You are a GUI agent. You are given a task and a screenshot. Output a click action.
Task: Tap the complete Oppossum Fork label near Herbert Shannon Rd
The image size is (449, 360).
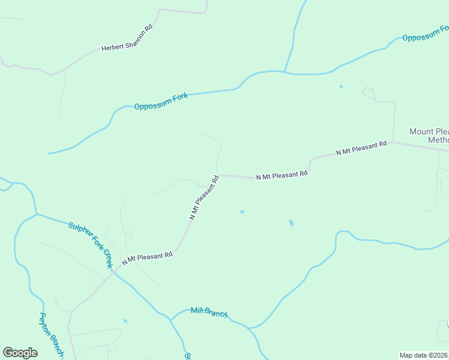point(161,101)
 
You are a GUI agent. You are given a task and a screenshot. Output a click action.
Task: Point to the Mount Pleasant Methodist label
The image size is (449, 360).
point(429,136)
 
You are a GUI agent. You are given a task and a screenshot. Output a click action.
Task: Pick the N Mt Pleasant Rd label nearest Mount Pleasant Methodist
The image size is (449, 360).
point(361,149)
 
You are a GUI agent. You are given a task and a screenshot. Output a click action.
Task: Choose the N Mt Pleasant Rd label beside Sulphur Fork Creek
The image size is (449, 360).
point(147,258)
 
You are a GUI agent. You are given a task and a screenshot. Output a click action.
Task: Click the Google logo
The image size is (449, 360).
point(20,353)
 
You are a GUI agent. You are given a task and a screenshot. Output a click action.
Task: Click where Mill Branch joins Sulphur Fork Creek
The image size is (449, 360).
point(170,320)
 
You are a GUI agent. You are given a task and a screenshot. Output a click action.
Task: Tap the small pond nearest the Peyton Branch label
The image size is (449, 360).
point(125,321)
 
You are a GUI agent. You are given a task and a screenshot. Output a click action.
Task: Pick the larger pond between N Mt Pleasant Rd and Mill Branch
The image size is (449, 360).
point(291,223)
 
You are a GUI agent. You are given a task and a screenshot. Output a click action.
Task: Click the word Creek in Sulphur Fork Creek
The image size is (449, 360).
point(107,259)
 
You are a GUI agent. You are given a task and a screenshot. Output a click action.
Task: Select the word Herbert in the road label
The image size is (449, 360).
point(112,47)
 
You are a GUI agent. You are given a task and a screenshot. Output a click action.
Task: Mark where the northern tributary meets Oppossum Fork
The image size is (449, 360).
point(285,72)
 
